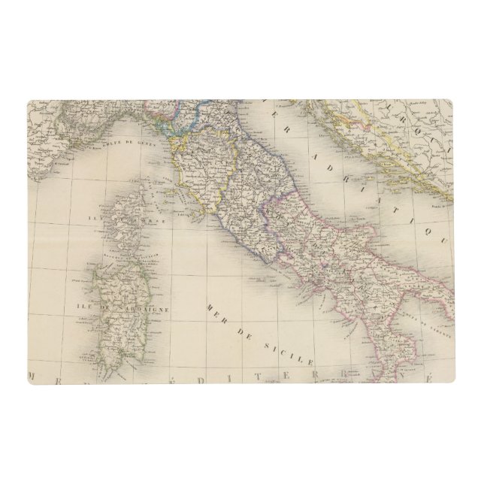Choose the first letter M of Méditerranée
tap(35, 374)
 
